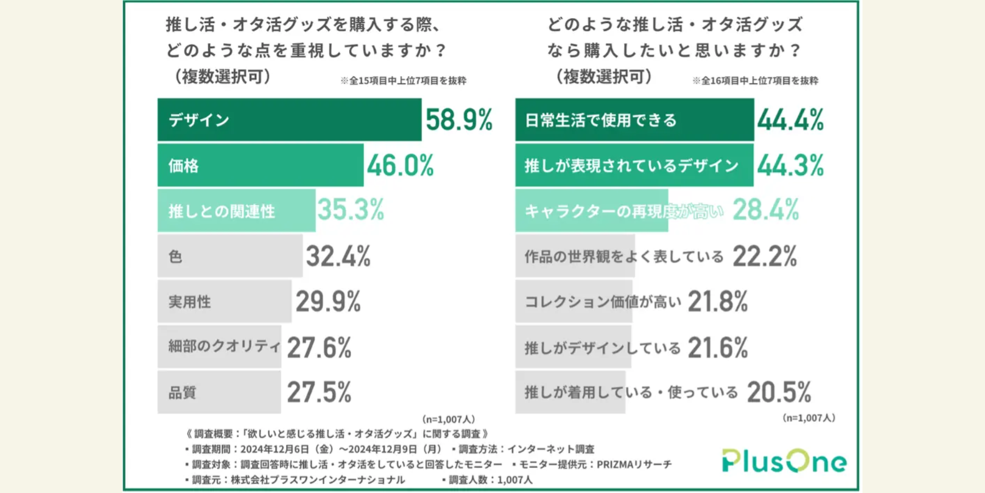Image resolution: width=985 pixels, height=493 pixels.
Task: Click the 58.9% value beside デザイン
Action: pos(459,120)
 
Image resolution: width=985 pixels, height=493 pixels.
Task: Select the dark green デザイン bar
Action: pos(289,120)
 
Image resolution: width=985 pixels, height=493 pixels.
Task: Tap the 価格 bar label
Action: pos(183,165)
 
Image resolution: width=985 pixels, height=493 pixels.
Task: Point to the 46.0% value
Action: pos(400,165)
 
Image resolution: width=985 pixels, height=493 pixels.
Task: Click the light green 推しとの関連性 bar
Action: pos(236,211)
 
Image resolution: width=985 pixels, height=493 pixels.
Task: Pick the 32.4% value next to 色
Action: pos(338,256)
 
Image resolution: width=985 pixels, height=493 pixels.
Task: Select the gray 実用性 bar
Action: pos(224,302)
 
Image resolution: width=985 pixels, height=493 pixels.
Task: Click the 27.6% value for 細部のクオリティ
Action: pos(319,348)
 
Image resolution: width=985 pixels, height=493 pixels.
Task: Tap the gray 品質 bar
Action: pos(219,392)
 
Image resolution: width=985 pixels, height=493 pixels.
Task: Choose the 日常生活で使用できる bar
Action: pos(634,120)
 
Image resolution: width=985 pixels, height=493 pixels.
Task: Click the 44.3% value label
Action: pos(790,165)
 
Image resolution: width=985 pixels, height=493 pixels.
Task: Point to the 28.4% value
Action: pos(766,210)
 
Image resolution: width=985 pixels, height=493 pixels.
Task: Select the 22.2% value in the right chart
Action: pos(764,256)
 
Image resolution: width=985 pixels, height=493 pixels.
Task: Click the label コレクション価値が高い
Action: pos(602,302)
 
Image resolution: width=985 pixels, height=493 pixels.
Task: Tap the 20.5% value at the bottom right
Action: pos(779,392)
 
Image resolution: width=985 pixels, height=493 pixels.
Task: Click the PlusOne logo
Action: pos(784,461)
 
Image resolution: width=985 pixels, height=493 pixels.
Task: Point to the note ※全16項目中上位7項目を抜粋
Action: pos(755,81)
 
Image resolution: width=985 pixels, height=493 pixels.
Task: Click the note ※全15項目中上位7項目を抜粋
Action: pos(403,81)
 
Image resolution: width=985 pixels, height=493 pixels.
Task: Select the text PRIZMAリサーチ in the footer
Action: pos(634,465)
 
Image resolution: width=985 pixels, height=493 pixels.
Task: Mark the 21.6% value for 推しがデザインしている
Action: pos(717,348)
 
